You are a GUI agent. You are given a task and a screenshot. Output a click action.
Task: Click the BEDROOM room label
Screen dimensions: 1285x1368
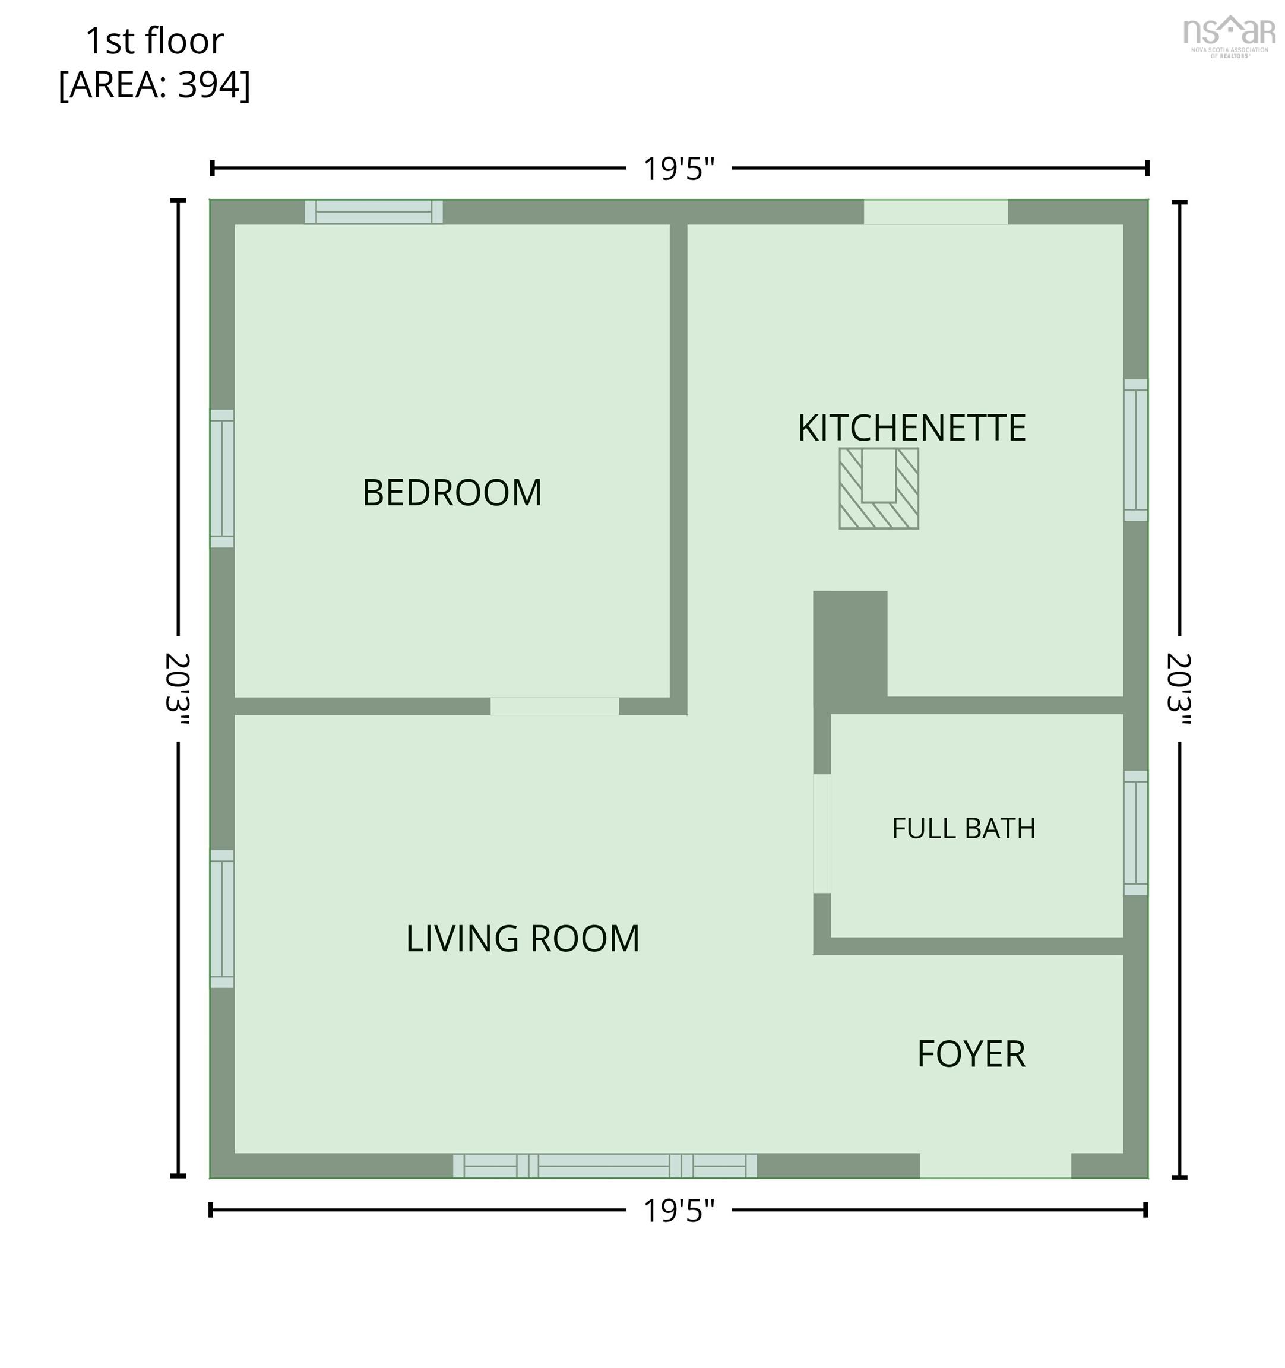click(452, 493)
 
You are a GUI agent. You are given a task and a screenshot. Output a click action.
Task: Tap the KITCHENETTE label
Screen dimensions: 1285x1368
click(912, 428)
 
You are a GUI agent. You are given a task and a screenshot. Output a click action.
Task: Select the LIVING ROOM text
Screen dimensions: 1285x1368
click(523, 939)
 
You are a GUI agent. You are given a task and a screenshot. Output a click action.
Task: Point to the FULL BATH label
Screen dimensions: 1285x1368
click(964, 828)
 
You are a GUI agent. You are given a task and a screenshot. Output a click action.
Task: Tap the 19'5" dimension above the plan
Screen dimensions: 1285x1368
click(679, 169)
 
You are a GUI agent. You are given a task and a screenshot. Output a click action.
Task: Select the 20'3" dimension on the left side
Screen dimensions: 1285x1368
click(178, 689)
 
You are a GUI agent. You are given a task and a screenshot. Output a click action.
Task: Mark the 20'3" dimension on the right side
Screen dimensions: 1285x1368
click(1179, 689)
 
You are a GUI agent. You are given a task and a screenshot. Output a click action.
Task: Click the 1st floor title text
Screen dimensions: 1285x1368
click(155, 42)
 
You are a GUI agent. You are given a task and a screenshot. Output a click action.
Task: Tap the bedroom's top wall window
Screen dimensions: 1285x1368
click(374, 212)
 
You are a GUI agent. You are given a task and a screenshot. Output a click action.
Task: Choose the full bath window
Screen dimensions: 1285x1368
click(1135, 832)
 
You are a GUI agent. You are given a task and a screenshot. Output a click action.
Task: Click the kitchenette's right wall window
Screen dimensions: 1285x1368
click(1135, 450)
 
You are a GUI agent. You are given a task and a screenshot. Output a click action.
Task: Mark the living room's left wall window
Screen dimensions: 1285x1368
click(222, 919)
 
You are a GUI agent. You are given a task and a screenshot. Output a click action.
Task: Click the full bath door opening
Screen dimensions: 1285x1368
click(822, 833)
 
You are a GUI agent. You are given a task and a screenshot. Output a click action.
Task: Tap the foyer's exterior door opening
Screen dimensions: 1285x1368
click(995, 1166)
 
